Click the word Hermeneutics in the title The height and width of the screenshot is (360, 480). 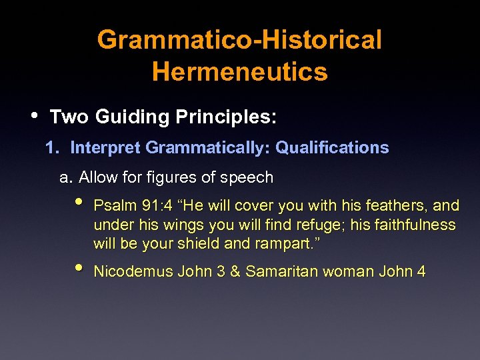click(x=240, y=71)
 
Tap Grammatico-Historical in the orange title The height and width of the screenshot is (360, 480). click(x=240, y=40)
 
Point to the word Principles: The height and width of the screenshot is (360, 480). click(x=226, y=117)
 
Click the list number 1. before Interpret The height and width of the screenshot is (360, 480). click(x=53, y=147)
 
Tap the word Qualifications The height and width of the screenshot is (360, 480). click(x=332, y=147)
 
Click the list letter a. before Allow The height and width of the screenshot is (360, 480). click(x=66, y=177)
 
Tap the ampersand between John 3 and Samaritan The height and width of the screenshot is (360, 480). click(x=236, y=271)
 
